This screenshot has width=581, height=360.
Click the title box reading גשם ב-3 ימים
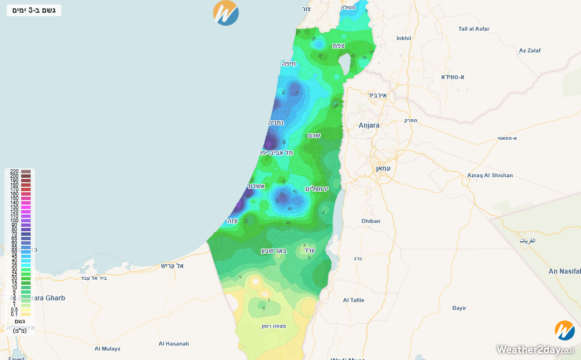coord(34,10)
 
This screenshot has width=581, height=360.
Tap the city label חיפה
coord(289,64)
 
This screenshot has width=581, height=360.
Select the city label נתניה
coord(276,123)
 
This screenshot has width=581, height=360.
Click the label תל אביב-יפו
coord(276,152)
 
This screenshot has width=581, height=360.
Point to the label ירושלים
coord(316,189)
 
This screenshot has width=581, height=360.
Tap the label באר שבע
coord(274,251)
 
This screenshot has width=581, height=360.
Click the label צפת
coord(338,46)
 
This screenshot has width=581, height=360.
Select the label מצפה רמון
coord(274,326)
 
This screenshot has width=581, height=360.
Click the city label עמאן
coord(384,168)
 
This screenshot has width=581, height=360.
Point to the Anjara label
coord(369,125)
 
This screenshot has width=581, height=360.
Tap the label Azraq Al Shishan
coord(490,176)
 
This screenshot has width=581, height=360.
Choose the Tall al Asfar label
coord(474,28)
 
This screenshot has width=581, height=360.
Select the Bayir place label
coord(459,308)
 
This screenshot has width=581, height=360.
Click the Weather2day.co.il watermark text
coord(535,350)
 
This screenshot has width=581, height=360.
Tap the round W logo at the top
coord(226,13)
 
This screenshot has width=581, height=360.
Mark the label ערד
coord(309,251)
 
